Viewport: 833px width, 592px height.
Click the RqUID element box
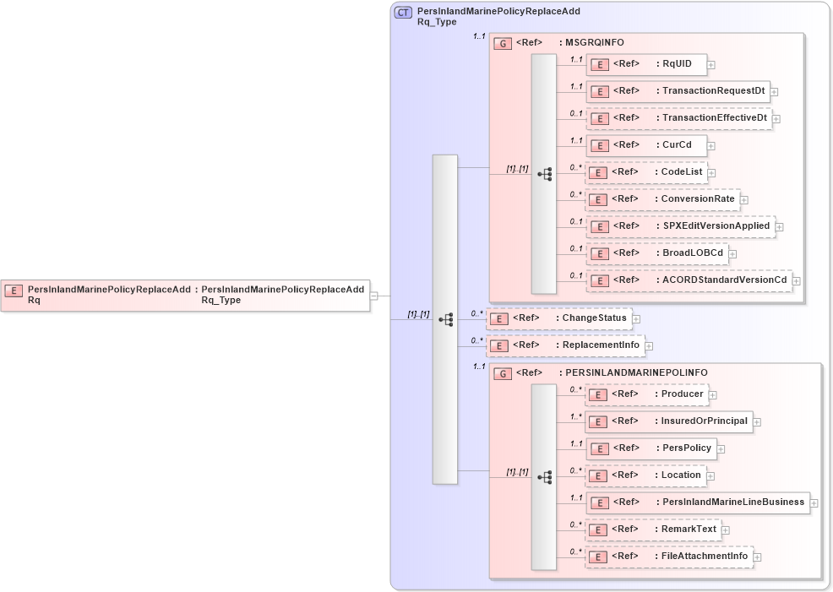coord(645,64)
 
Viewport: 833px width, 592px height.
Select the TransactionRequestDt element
coord(677,91)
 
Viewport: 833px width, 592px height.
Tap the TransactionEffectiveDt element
coord(678,118)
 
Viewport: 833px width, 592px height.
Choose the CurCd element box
coord(645,145)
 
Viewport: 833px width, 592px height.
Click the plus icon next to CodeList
coord(711,173)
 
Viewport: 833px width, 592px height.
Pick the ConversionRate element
coord(662,199)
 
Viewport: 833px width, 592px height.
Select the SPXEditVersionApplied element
coord(680,226)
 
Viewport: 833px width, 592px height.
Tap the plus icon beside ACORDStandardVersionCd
coord(796,280)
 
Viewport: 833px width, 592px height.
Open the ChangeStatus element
coord(559,318)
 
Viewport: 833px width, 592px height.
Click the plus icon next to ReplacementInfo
coord(649,345)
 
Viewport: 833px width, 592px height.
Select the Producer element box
coord(646,394)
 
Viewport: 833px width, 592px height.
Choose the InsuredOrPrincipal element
coord(668,421)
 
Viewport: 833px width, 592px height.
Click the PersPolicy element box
coord(651,448)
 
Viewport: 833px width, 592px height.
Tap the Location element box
coord(645,475)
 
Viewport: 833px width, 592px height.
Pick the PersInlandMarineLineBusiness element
coord(697,502)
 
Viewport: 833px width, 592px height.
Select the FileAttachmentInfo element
coord(669,557)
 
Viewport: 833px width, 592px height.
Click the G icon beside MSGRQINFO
coord(503,43)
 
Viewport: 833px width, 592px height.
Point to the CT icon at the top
coord(404,13)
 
